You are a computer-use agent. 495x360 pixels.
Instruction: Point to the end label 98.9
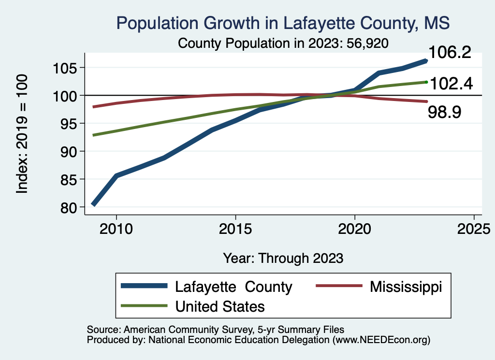[445, 113]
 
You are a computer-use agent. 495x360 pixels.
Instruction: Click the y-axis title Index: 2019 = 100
[22, 134]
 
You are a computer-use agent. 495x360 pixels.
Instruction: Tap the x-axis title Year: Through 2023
[283, 258]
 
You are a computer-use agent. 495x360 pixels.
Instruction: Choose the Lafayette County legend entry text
[233, 287]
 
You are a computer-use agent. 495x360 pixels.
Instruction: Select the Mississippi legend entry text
[406, 287]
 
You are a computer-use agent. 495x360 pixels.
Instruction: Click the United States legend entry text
[220, 306]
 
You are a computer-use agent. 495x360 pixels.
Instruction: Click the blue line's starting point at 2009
[93, 204]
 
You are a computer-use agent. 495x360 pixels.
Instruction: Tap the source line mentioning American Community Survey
[215, 330]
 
